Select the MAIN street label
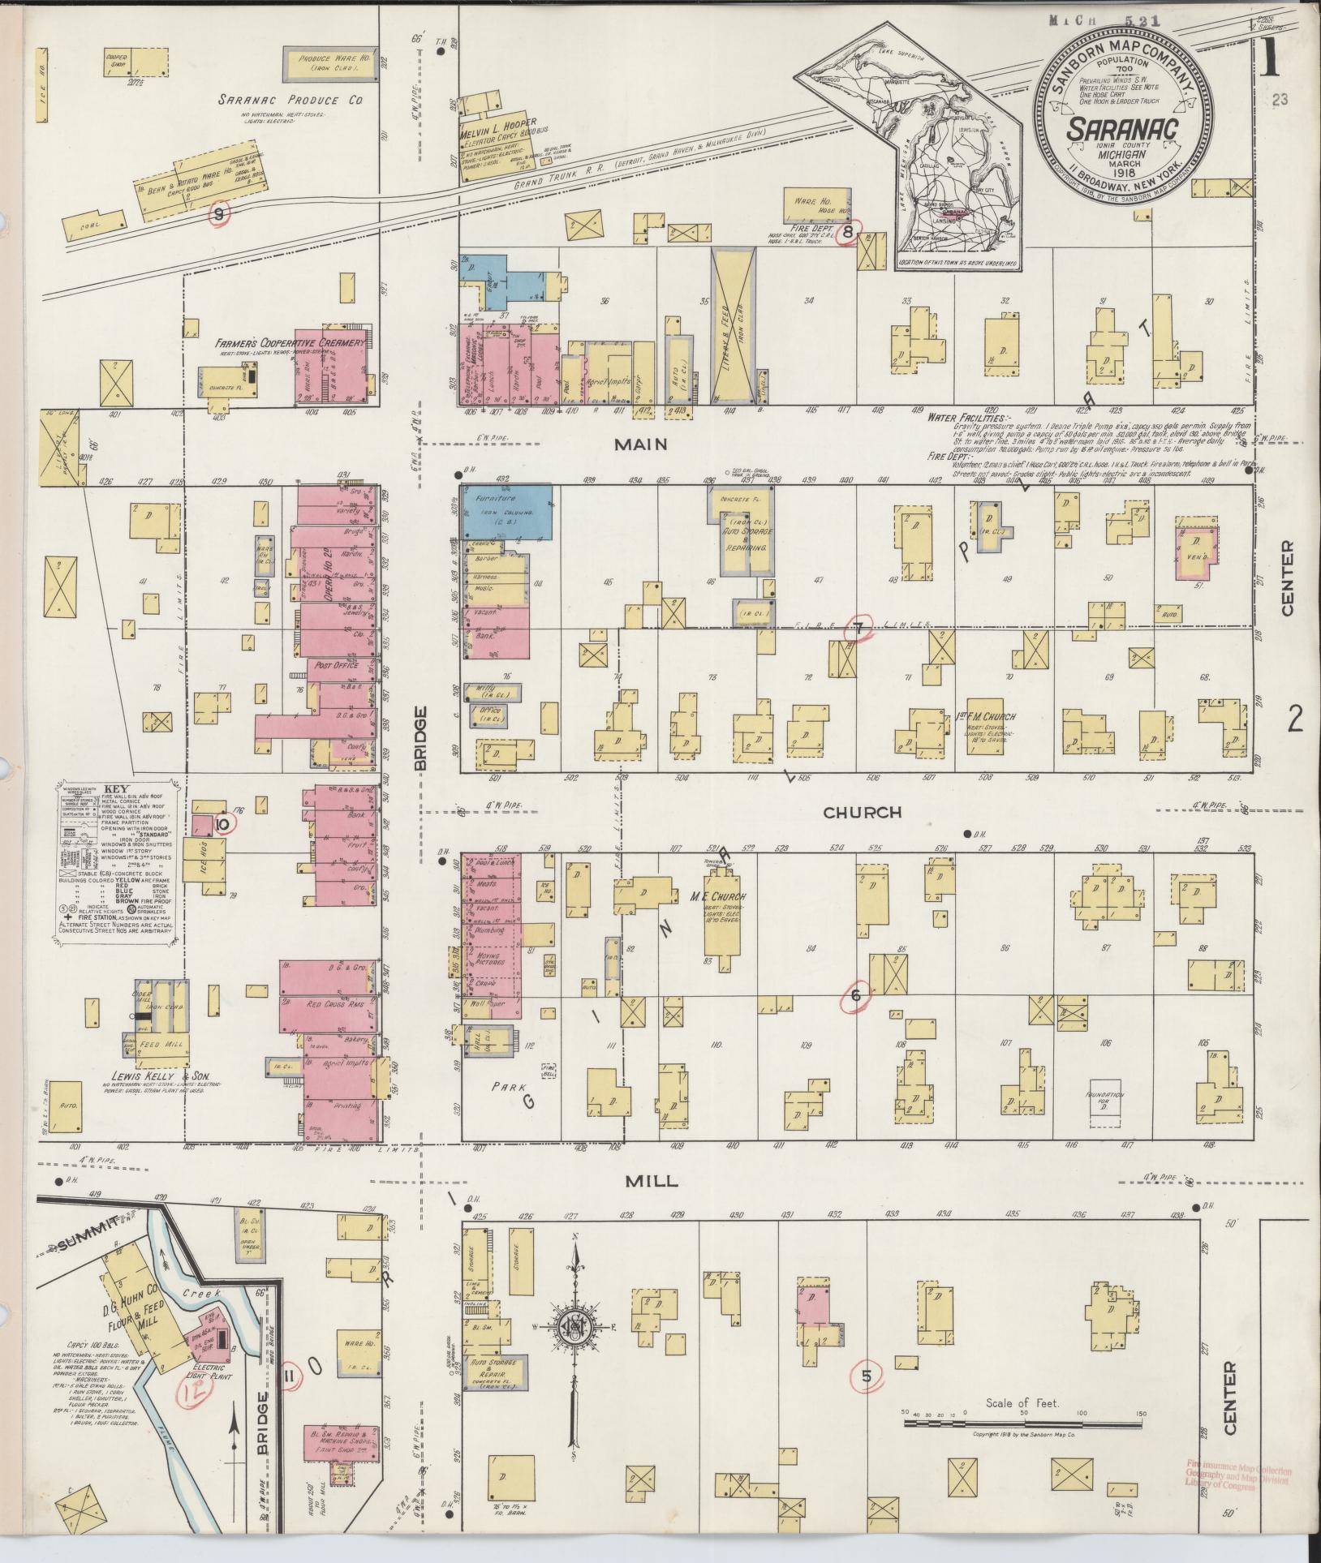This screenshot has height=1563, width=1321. (640, 444)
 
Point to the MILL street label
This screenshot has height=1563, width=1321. (652, 1182)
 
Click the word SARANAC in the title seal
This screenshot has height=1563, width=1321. (1121, 130)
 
